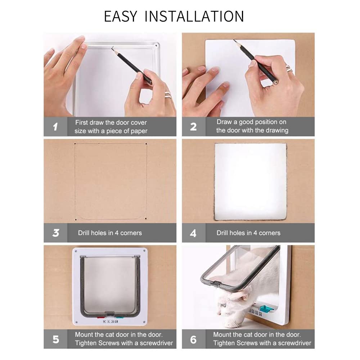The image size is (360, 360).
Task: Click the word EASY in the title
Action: (x=120, y=16)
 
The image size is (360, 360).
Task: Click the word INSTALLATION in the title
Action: (x=194, y=16)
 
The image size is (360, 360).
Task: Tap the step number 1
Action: (x=55, y=127)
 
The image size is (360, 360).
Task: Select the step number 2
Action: (x=193, y=127)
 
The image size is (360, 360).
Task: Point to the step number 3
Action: (x=55, y=233)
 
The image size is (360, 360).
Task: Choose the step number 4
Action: (x=193, y=233)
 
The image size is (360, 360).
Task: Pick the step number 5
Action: (x=56, y=339)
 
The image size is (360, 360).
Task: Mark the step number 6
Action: (x=193, y=339)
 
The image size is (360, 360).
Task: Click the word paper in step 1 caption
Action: (x=138, y=131)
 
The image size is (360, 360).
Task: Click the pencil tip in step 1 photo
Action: (x=112, y=48)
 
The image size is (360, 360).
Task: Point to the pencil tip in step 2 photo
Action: (x=234, y=40)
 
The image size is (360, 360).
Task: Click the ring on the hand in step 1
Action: (x=168, y=94)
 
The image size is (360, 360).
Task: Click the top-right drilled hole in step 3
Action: (x=146, y=144)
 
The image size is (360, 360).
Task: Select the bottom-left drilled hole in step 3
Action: (x=76, y=220)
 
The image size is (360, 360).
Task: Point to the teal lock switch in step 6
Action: (x=266, y=308)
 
